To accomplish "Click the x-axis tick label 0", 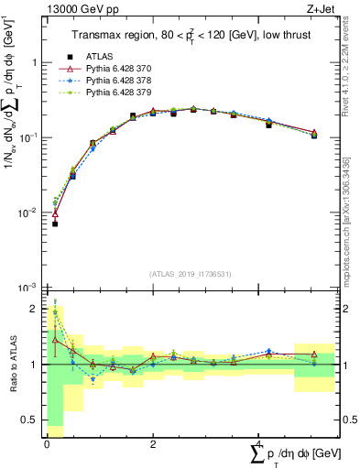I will pyautogui.click(x=47, y=444).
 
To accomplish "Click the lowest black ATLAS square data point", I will pyautogui.click(x=55, y=224).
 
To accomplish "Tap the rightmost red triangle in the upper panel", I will pyautogui.click(x=314, y=133).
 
